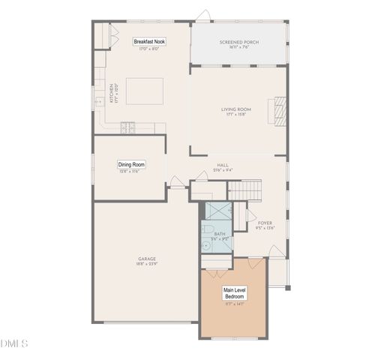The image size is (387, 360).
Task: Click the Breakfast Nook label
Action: click(150, 41)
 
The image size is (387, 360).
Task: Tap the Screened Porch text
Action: click(238, 43)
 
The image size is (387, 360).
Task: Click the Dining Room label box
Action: click(131, 164)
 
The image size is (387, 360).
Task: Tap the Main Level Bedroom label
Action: click(235, 292)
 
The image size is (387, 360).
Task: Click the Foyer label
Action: click(265, 223)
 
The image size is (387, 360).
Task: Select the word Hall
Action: click(223, 165)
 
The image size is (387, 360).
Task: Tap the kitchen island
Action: click(143, 91)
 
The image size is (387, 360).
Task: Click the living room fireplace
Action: click(279, 110)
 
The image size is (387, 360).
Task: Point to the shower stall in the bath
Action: click(219, 211)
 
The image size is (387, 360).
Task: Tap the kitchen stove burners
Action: click(127, 128)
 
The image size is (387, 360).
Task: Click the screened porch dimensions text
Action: click(238, 48)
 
